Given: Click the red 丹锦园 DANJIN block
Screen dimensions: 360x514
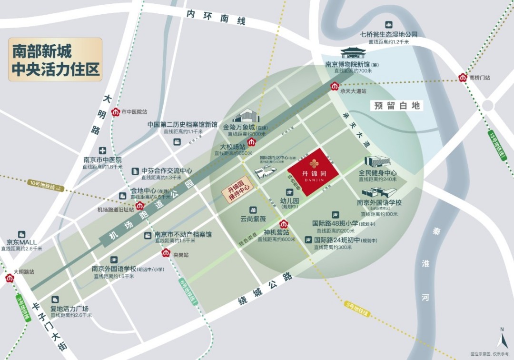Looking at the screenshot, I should point(314,171).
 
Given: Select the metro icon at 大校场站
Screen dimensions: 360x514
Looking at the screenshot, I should point(251,141).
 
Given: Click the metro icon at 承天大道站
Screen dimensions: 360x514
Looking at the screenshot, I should point(335,86).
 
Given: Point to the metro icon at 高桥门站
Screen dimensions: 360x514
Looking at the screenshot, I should point(463,77).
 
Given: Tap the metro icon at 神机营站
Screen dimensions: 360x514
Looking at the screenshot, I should point(284,223).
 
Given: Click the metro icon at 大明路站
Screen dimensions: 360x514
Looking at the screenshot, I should point(10,279).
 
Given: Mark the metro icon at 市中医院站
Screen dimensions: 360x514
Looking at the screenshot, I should point(115,112).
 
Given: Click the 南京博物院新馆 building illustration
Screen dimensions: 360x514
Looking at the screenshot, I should point(353,53).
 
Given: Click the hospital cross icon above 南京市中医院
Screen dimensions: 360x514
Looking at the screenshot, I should point(102,150).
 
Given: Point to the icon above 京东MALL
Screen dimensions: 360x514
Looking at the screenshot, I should point(21,234).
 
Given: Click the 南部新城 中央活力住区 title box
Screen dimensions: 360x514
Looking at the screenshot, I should point(55,60).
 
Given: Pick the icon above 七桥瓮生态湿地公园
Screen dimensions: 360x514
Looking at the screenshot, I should point(388,25).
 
